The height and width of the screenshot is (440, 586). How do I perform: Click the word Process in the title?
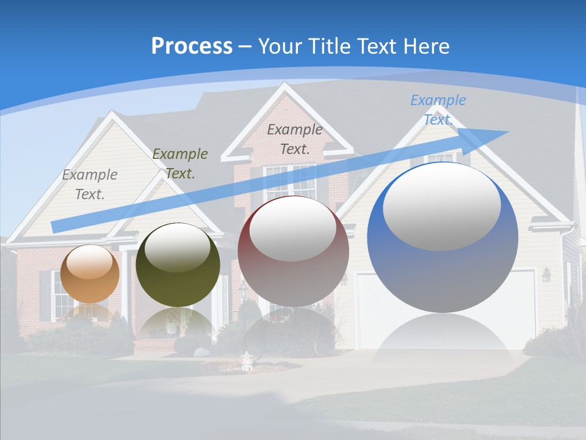coord(192,46)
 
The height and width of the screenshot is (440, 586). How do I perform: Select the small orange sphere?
coord(90,274)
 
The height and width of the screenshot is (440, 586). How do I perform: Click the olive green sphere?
coord(178,265)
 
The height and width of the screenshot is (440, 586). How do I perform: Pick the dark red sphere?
coord(293,251)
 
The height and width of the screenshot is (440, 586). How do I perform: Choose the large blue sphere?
coord(443,238)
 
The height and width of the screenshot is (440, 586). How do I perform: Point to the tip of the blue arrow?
coord(507,132)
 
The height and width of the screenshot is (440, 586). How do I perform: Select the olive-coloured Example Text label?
coord(180,164)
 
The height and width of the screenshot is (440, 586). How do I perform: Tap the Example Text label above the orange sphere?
coord(90,185)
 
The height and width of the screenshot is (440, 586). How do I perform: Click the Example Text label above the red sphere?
coord(295,139)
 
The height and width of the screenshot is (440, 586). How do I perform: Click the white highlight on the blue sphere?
coord(441,207)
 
